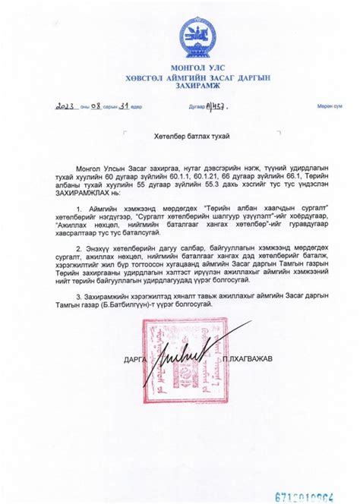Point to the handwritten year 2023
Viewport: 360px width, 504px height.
(x=67, y=106)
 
